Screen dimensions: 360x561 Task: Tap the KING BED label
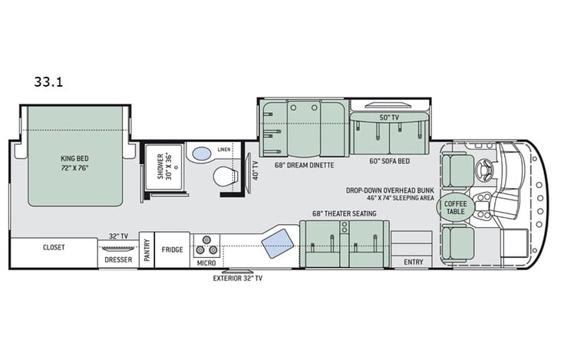pos(75,164)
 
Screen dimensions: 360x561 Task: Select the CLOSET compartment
pos(54,248)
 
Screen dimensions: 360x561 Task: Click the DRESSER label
pos(118,259)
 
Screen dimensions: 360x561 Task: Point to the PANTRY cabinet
pos(146,250)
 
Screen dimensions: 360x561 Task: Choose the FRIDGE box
pos(172,249)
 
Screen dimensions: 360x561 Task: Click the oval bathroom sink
pos(200,154)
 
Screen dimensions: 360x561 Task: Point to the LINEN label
pos(224,149)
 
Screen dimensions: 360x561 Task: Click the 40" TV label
pos(256,169)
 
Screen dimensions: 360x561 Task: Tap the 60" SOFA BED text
pos(390,162)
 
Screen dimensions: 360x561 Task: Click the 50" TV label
pos(390,117)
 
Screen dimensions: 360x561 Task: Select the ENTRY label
pos(413,263)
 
